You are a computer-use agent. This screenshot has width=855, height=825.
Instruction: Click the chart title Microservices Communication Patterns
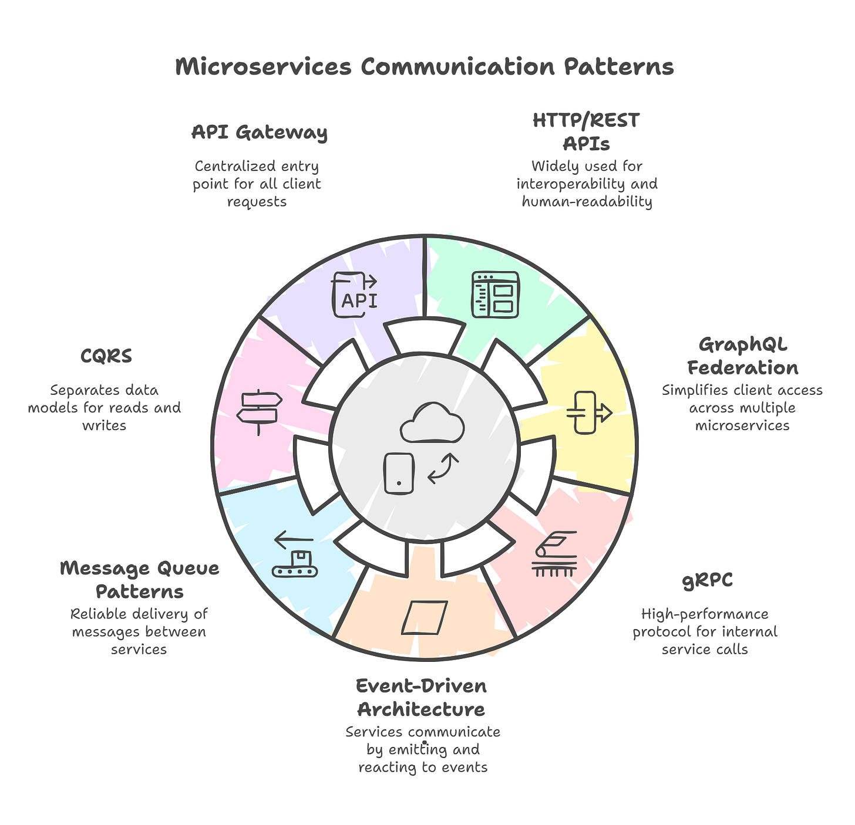(425, 67)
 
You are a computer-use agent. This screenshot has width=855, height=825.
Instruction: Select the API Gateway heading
(260, 132)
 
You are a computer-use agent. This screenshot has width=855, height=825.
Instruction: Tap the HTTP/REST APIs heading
(586, 131)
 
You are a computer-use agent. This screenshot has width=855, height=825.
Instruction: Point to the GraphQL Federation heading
(742, 356)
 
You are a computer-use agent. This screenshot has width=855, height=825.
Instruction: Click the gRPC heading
(707, 580)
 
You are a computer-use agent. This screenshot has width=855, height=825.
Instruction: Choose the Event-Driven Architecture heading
(422, 697)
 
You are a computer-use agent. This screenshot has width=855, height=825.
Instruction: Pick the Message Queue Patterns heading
(140, 579)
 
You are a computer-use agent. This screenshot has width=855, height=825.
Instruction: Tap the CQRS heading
(106, 356)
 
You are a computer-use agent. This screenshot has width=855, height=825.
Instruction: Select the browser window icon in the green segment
(495, 295)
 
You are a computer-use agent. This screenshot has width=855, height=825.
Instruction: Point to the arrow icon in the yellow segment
(589, 412)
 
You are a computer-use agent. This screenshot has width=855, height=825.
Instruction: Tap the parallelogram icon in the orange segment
(425, 617)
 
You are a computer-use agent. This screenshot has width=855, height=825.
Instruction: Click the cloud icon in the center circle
(432, 423)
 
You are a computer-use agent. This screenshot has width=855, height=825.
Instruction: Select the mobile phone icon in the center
(399, 473)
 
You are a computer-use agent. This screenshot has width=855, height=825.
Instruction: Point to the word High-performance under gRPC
(705, 614)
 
